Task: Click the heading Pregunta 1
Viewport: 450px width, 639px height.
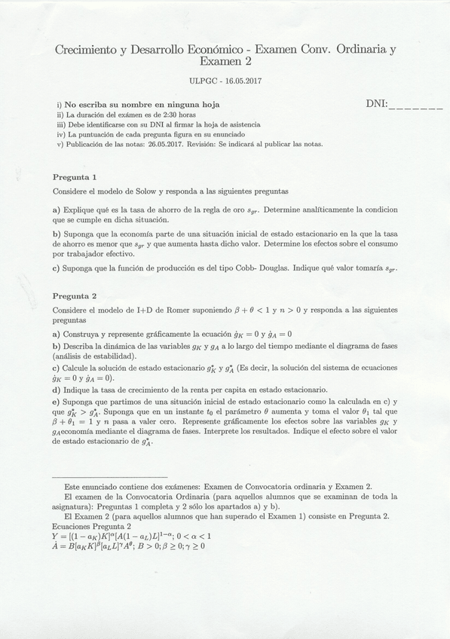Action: [x=75, y=176]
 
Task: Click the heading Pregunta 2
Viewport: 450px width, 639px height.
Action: [x=75, y=296]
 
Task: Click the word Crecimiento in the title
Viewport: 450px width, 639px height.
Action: [x=85, y=50]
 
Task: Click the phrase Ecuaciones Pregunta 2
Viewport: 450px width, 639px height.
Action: [x=96, y=526]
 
